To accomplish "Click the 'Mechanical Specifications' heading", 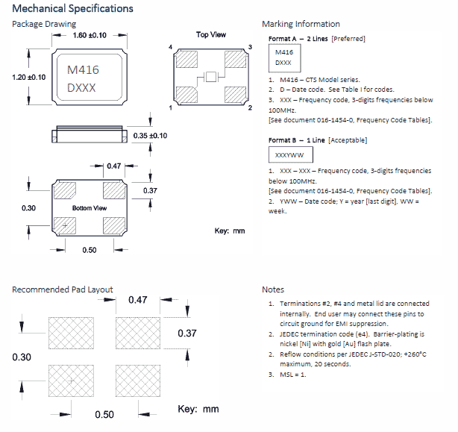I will point(72,9).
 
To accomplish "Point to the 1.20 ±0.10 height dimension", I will point(29,77).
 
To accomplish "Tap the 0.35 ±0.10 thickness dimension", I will point(150,135).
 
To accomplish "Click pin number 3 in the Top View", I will point(250,47).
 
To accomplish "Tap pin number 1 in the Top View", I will point(172,108).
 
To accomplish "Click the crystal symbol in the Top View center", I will point(210,78).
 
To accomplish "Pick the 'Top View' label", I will point(211,34).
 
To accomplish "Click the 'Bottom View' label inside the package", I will point(90,207).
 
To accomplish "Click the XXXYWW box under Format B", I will point(290,156).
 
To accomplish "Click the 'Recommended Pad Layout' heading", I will point(62,289).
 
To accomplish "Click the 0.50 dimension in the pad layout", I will point(104,414).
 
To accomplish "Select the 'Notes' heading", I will point(273,289).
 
